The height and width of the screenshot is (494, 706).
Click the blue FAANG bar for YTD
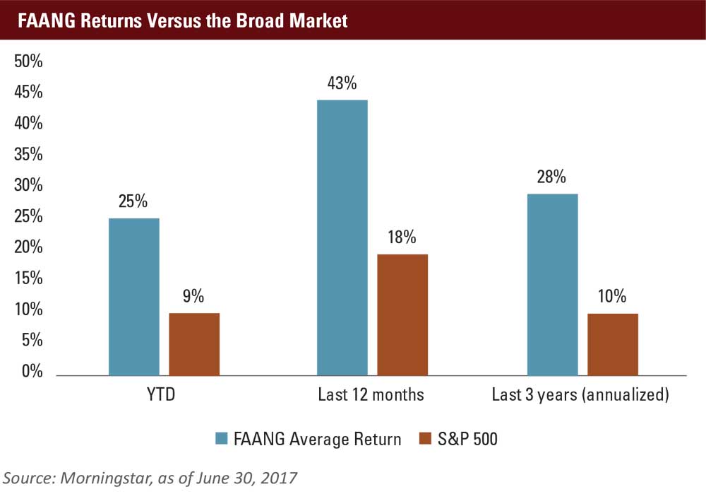pos(134,297)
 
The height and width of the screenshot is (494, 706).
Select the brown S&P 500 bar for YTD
pos(194,344)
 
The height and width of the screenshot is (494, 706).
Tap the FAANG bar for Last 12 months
pos(342,237)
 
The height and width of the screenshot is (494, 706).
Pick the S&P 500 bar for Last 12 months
pos(402,314)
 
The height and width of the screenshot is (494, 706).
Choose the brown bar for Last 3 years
pos(613,344)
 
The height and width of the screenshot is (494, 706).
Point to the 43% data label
pos(342,83)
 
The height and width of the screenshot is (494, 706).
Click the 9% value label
pos(194,296)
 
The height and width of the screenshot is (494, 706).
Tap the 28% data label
pos(551,177)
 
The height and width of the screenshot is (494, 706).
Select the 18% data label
pos(402,237)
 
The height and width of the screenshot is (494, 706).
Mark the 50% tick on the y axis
pos(29,61)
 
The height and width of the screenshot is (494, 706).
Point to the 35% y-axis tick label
pos(29,155)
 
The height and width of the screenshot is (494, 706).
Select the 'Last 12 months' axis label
pos(372,394)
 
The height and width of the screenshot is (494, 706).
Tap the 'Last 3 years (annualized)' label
pos(580,394)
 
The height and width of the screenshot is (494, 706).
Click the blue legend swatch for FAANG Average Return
pos(221,439)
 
